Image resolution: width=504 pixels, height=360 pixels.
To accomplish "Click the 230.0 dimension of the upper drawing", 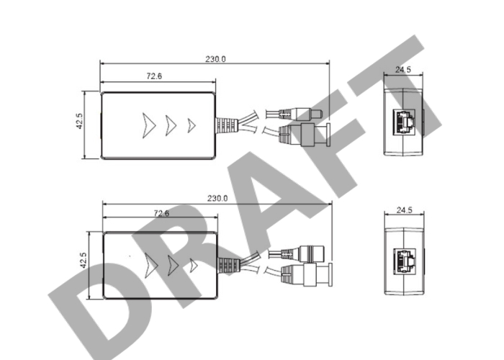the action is pyautogui.click(x=216, y=59).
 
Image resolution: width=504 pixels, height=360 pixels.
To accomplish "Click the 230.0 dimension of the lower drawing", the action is pyautogui.click(x=217, y=198).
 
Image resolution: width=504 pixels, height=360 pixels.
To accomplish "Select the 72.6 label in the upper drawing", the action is pyautogui.click(x=154, y=76).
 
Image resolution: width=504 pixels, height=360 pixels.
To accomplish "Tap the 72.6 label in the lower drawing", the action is pyautogui.click(x=161, y=213).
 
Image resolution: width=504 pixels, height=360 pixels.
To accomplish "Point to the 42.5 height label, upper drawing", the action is pyautogui.click(x=79, y=121).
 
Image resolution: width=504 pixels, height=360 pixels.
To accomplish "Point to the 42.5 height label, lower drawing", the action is pyautogui.click(x=84, y=261).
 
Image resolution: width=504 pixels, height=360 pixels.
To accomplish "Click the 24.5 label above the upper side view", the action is pyautogui.click(x=403, y=70).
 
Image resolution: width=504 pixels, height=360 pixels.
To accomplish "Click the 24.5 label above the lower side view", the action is pyautogui.click(x=404, y=210).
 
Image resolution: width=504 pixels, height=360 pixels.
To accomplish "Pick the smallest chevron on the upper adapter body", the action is pyautogui.click(x=192, y=126).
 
